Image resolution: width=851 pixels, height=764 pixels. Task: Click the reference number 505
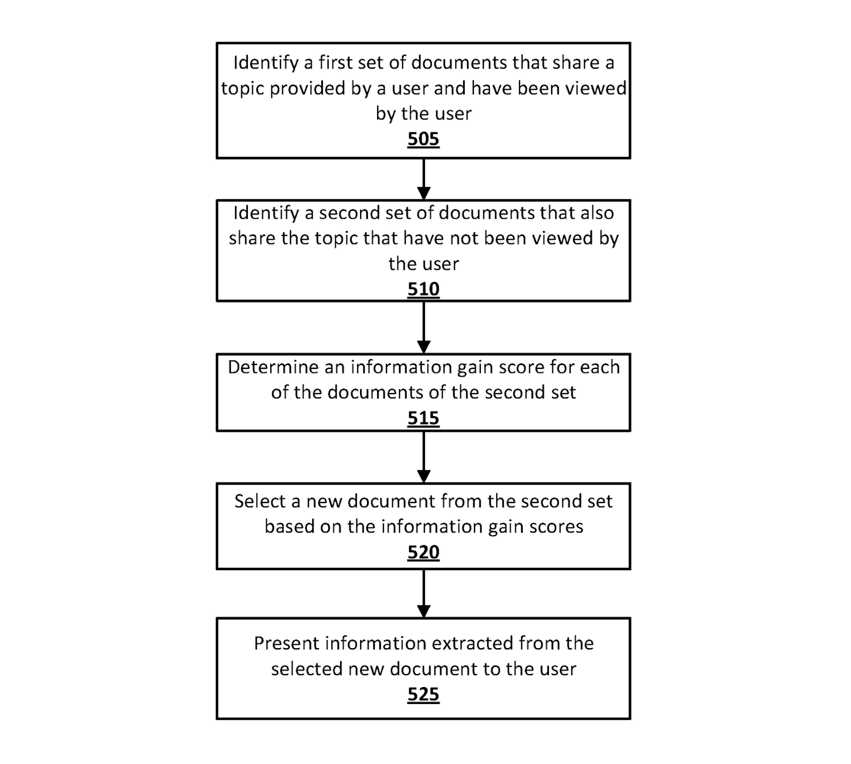(x=423, y=139)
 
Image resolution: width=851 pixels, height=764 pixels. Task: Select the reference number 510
(x=423, y=289)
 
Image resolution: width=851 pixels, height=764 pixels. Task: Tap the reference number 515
(x=423, y=418)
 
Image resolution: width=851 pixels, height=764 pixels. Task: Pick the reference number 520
(x=423, y=553)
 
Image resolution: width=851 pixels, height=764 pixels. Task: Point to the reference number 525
(x=423, y=694)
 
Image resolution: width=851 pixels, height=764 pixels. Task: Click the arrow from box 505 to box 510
(x=423, y=179)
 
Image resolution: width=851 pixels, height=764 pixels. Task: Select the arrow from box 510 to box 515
(x=423, y=327)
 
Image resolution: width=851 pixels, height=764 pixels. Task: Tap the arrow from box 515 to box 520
(x=423, y=457)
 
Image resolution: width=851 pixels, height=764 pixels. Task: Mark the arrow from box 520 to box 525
(x=423, y=593)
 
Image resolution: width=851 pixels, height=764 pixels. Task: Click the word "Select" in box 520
(x=260, y=502)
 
